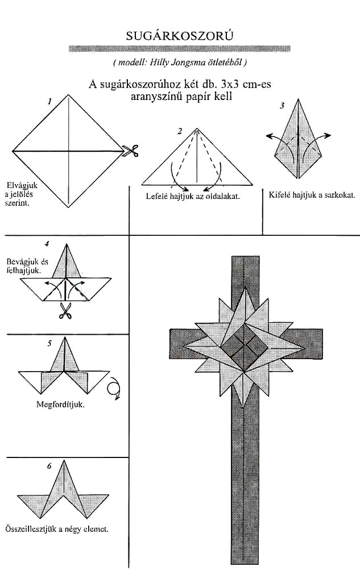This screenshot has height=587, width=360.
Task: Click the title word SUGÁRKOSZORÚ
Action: tap(180, 36)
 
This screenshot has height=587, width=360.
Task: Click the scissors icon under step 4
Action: tap(65, 310)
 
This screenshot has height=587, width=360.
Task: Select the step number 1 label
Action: tap(49, 102)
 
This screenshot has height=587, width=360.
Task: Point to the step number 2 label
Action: tap(180, 131)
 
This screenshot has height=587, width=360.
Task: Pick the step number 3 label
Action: tap(282, 106)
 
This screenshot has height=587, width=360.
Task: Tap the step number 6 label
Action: tap(49, 467)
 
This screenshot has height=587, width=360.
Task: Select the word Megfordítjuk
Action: tap(60, 405)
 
